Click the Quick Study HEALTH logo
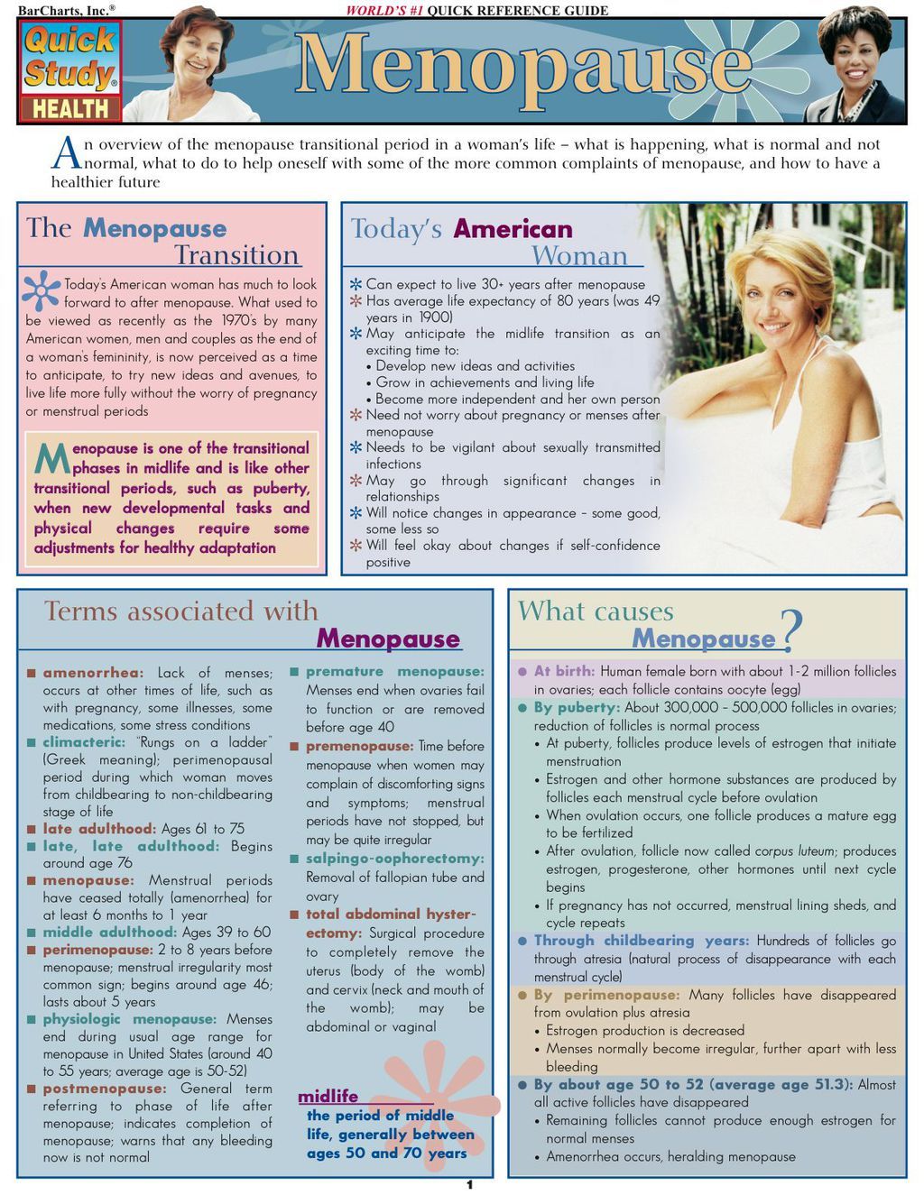click(70, 72)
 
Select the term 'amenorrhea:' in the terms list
click(92, 673)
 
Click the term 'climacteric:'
click(84, 742)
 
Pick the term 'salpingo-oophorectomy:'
click(394, 859)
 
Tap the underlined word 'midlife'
click(328, 1097)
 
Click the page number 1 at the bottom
click(469, 1184)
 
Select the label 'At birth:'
click(564, 671)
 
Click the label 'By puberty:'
click(576, 707)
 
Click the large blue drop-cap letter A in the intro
click(68, 153)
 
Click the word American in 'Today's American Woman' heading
click(513, 229)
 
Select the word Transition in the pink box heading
click(236, 255)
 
